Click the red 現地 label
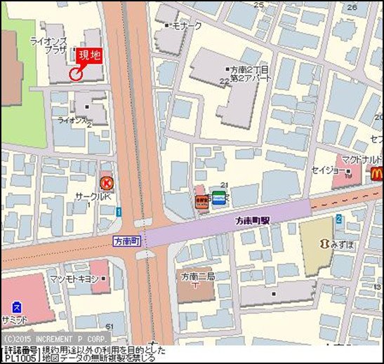89,56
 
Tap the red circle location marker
76,73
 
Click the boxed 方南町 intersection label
127,240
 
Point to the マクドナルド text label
361,159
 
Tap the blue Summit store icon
16,307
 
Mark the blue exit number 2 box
338,219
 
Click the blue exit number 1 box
119,212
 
